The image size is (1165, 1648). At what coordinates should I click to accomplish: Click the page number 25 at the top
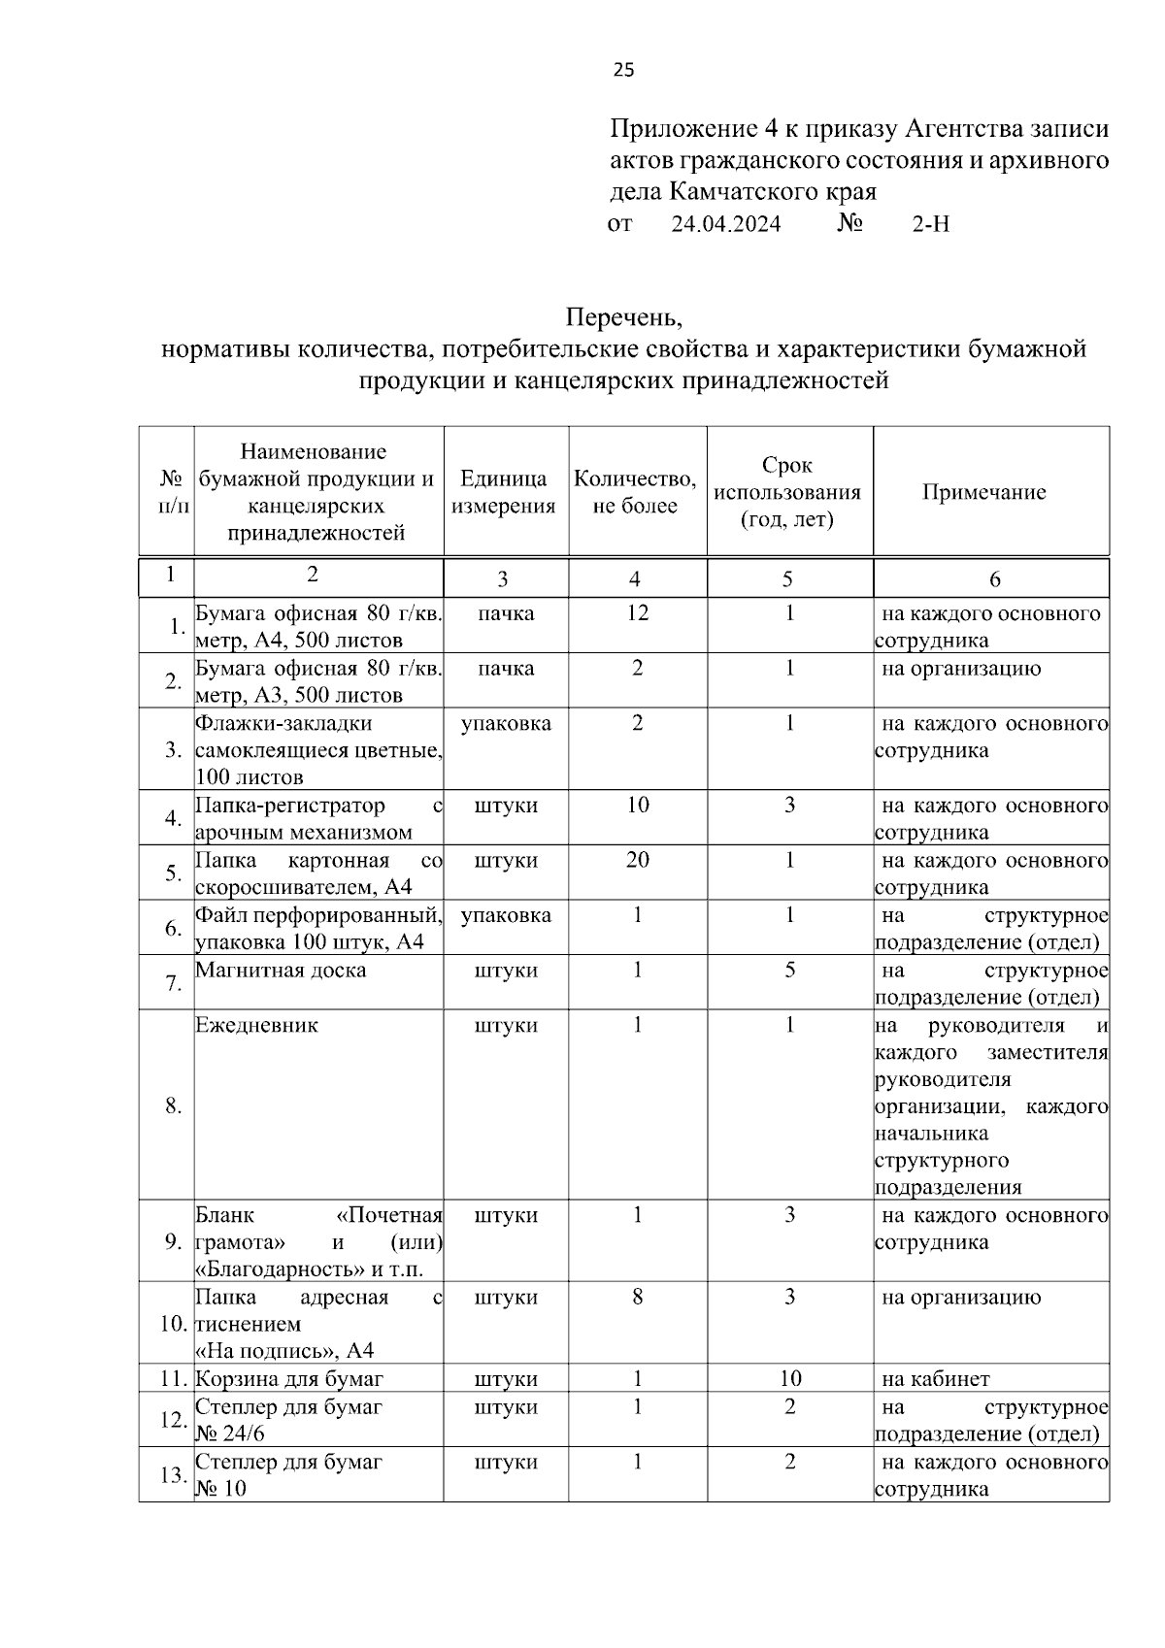623,70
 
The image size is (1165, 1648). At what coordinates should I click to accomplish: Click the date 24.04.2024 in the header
726,224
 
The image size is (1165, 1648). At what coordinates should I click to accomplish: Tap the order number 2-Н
930,224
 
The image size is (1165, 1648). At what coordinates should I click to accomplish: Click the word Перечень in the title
624,317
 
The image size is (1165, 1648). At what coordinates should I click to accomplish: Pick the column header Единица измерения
503,492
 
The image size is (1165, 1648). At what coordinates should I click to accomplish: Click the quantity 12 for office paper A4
637,613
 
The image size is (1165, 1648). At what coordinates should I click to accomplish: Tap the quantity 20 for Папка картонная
637,860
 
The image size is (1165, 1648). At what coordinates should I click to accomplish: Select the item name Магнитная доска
281,971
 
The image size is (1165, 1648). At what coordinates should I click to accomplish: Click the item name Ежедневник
256,1026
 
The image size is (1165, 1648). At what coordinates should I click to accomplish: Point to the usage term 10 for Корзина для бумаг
789,1378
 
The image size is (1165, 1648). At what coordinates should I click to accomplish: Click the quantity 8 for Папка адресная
637,1298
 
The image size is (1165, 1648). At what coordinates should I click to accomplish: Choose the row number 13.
173,1475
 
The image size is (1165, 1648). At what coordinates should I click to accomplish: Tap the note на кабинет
935,1378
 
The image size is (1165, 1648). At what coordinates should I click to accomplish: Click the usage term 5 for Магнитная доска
789,971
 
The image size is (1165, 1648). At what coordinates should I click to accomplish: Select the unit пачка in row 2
506,669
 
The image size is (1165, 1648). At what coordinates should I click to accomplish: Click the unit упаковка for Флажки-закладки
506,724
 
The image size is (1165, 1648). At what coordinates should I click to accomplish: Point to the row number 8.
173,1105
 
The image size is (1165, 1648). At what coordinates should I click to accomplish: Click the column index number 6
994,579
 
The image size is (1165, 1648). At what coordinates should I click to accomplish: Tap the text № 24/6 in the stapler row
230,1434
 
